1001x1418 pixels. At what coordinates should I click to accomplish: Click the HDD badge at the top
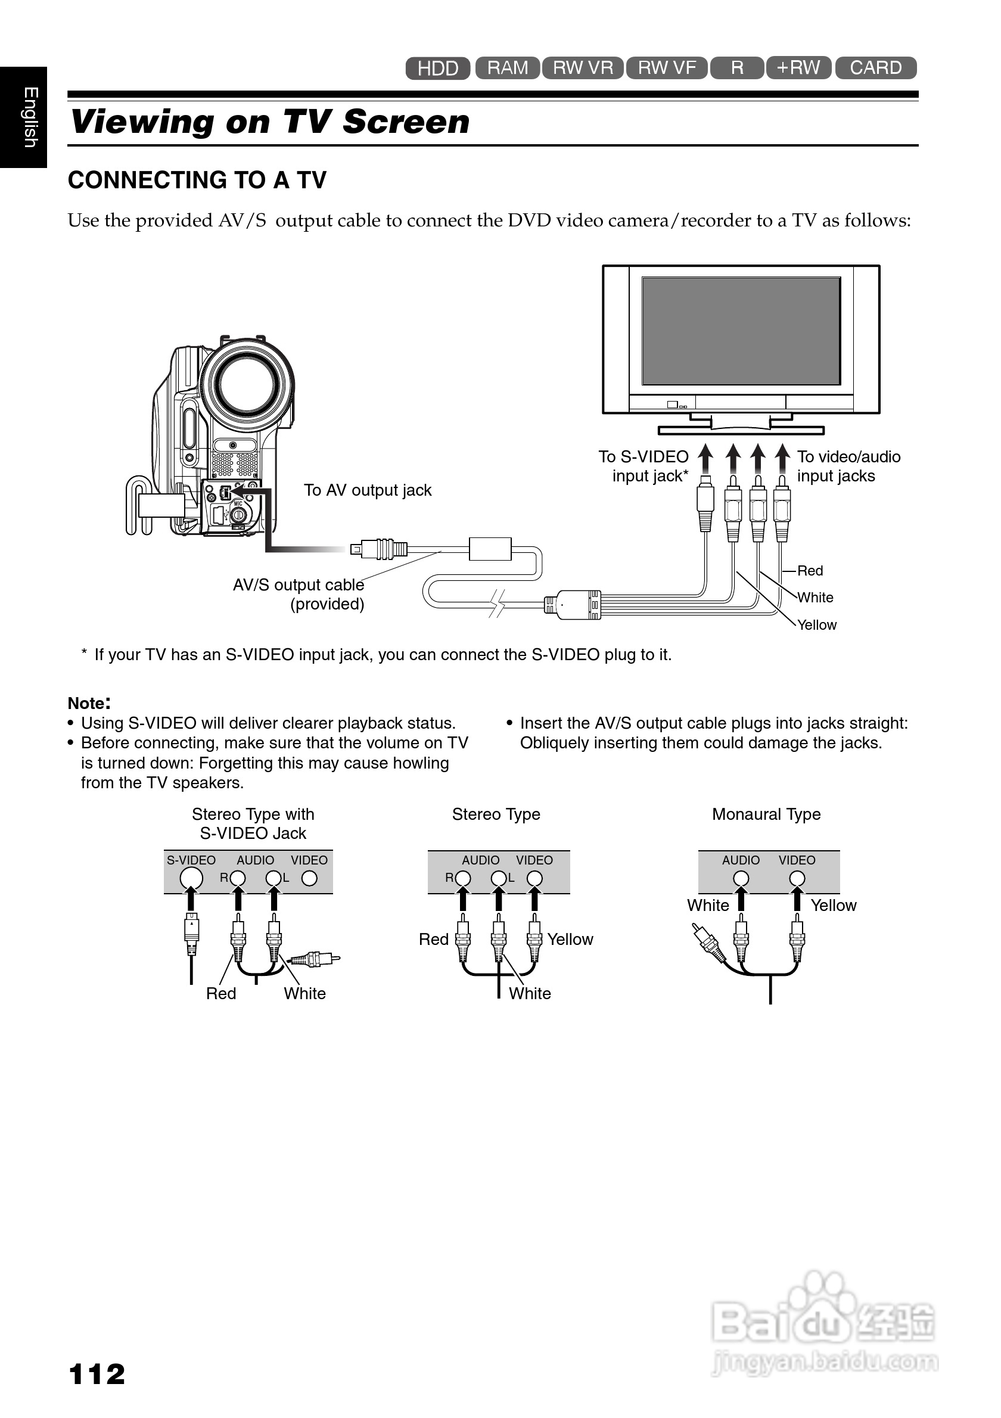pyautogui.click(x=438, y=68)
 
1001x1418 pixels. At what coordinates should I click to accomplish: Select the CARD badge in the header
pyautogui.click(x=876, y=68)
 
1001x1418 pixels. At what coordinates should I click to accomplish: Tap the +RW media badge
pyautogui.click(x=798, y=68)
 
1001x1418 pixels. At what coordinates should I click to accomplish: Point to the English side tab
pyautogui.click(x=23, y=117)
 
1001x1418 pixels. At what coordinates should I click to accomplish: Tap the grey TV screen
pyautogui.click(x=741, y=331)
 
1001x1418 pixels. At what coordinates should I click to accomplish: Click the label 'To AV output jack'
pyautogui.click(x=368, y=490)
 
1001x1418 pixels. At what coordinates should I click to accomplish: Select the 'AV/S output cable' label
pyautogui.click(x=299, y=585)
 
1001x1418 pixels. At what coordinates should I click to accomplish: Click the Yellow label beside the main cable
pyautogui.click(x=816, y=625)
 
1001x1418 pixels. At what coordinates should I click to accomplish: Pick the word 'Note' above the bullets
pyautogui.click(x=86, y=704)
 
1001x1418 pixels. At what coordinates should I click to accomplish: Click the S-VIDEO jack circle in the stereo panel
pyautogui.click(x=191, y=878)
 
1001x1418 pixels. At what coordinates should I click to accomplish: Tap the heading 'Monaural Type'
pyautogui.click(x=766, y=814)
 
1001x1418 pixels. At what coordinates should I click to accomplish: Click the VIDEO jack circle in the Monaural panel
pyautogui.click(x=797, y=878)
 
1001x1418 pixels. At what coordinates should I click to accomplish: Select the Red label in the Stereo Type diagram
pyautogui.click(x=434, y=940)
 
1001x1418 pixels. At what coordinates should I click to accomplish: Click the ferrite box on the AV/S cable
pyautogui.click(x=490, y=548)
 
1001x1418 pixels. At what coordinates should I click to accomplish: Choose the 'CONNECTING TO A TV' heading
pyautogui.click(x=197, y=181)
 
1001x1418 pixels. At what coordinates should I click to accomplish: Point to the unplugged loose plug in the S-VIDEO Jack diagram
pyautogui.click(x=315, y=959)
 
